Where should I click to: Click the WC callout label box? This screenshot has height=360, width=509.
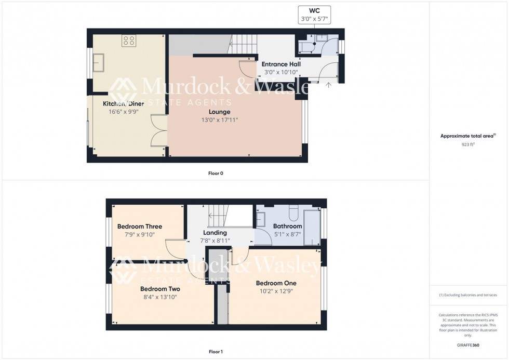tap(314, 15)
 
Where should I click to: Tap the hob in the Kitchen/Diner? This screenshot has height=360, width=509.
tap(129, 41)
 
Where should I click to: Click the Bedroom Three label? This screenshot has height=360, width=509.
tap(139, 226)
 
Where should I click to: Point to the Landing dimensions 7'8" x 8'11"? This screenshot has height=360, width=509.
tap(215, 241)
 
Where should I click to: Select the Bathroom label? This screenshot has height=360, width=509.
tap(287, 226)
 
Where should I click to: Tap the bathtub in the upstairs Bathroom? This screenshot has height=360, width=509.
tap(312, 227)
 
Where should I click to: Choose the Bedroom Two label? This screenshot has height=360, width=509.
tap(160, 289)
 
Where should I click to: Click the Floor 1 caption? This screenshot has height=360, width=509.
tap(216, 352)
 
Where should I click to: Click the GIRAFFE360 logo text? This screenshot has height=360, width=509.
tap(468, 345)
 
